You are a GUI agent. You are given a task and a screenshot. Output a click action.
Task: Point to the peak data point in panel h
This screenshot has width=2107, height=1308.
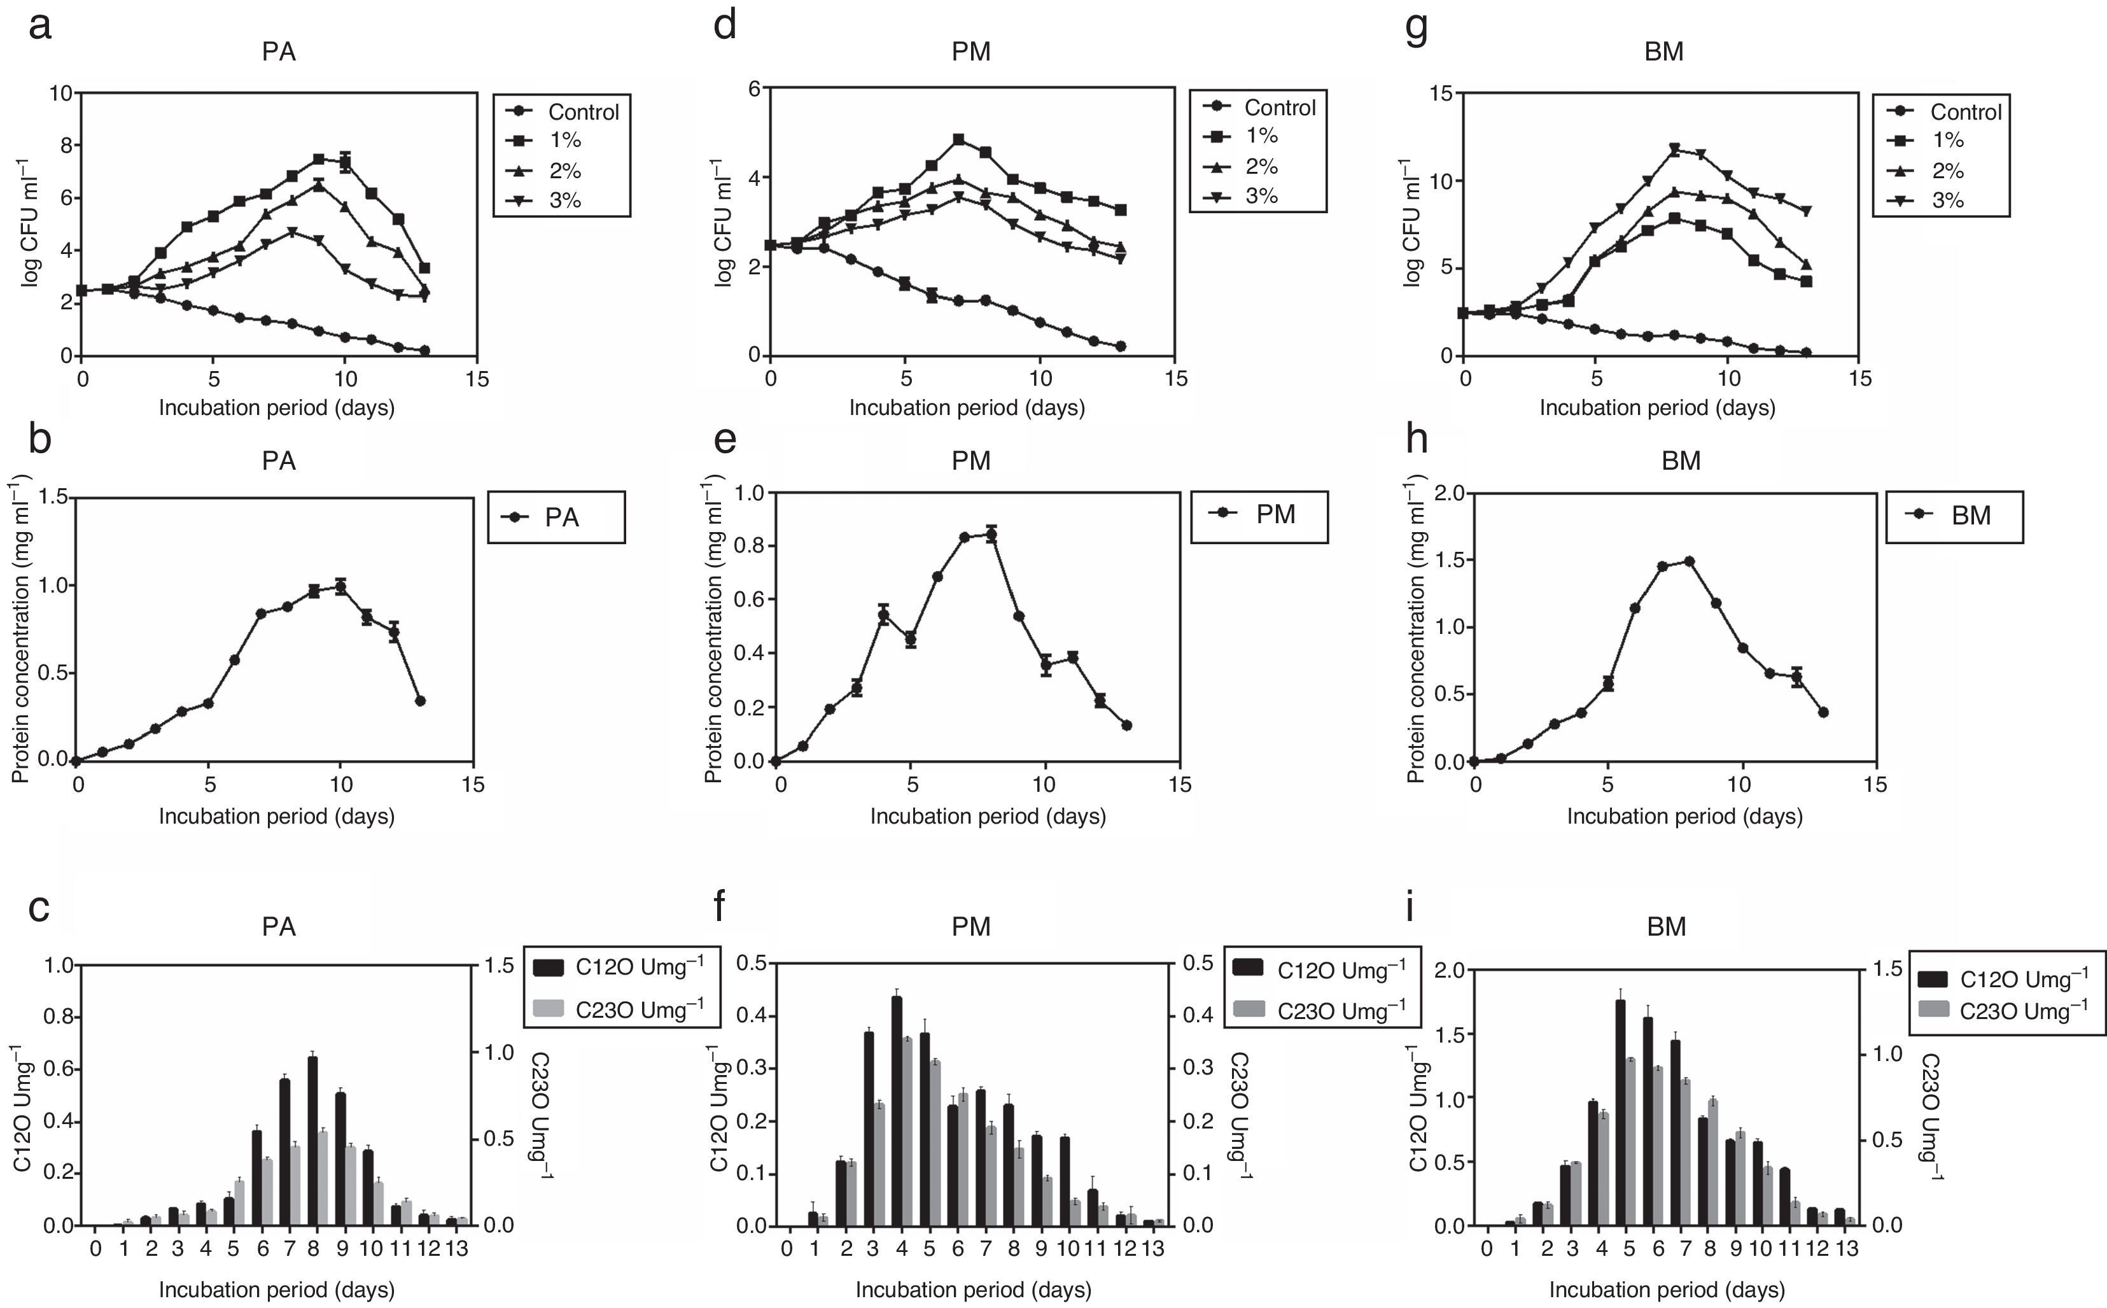tap(1690, 561)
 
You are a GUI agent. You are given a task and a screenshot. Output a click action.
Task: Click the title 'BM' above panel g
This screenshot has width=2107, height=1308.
tap(1663, 52)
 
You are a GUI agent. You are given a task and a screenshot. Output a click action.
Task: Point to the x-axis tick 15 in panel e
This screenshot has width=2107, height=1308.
tap(1180, 785)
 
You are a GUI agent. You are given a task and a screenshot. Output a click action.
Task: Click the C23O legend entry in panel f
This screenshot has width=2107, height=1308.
tap(1322, 1009)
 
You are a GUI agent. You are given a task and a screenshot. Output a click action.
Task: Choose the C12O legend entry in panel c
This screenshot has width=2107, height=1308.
tap(620, 968)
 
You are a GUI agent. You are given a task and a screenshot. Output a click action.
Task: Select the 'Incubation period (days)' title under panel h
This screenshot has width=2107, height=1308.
tap(1684, 816)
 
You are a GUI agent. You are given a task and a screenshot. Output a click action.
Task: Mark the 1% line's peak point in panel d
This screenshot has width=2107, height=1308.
tap(958, 139)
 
